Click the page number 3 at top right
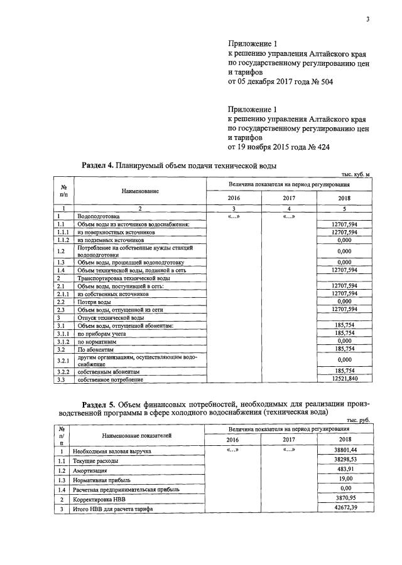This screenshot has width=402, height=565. click(367, 19)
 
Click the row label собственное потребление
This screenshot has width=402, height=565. click(111, 379)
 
